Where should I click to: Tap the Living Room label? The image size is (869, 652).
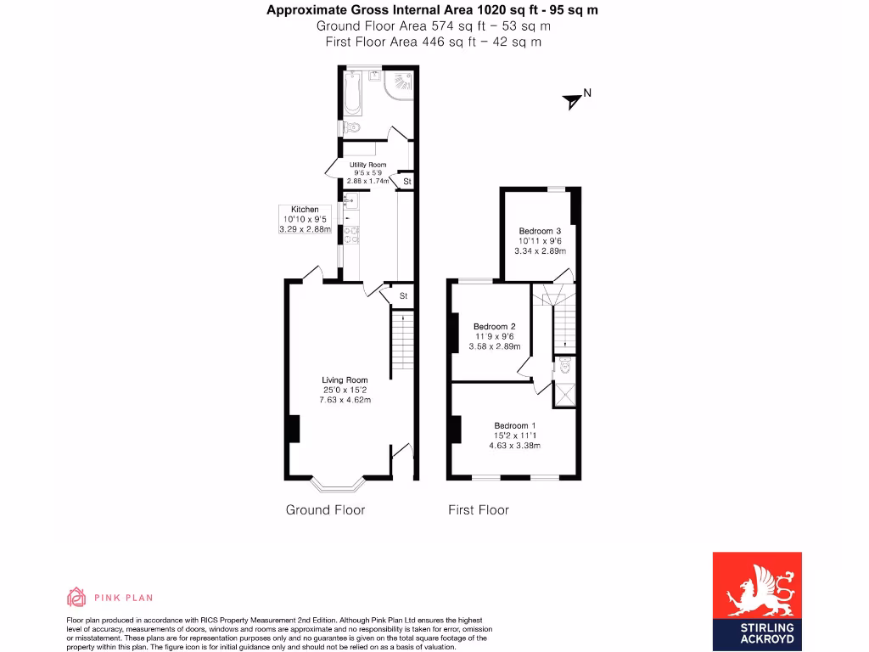(345, 379)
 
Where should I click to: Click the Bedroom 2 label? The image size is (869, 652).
(495, 326)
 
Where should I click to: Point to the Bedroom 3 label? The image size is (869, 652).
(541, 231)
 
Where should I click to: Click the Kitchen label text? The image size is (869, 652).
(305, 209)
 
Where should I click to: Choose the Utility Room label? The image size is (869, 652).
(367, 165)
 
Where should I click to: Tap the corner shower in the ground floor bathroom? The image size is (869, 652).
(398, 86)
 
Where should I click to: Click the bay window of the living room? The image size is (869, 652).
(337, 486)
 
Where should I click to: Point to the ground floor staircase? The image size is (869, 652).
(401, 344)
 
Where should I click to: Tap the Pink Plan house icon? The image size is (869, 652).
(76, 597)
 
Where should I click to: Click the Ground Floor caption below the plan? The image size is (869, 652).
(325, 509)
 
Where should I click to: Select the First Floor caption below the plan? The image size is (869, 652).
(479, 509)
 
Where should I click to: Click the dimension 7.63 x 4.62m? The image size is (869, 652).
(345, 400)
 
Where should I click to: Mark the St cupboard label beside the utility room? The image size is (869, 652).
(406, 182)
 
